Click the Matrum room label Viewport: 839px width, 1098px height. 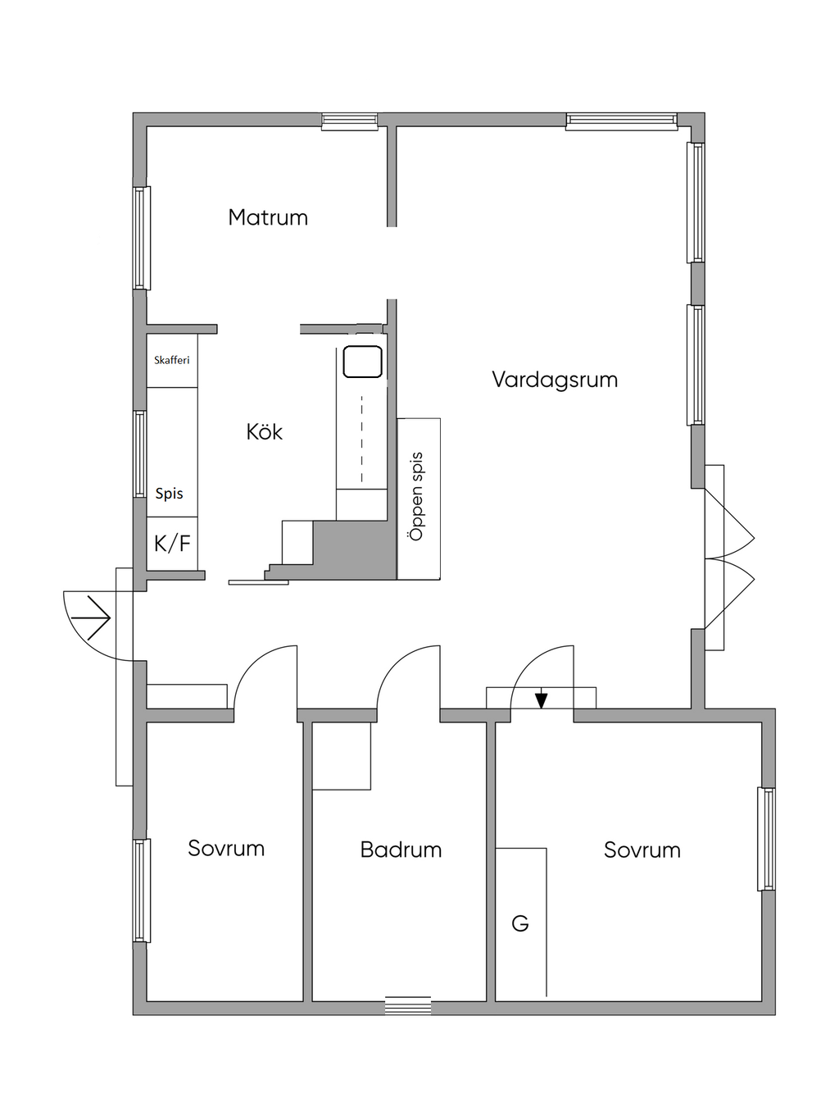pyautogui.click(x=268, y=217)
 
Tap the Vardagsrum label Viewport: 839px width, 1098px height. pyautogui.click(x=555, y=380)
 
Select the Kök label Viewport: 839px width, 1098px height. pyautogui.click(x=265, y=432)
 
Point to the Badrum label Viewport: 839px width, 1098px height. pyautogui.click(x=401, y=850)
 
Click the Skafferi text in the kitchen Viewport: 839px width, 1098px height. pyautogui.click(x=172, y=360)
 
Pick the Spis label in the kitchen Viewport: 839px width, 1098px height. pyautogui.click(x=169, y=494)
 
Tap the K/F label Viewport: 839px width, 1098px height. pyautogui.click(x=172, y=543)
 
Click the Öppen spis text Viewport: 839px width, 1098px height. pyautogui.click(x=417, y=496)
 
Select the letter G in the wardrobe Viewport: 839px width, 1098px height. pyautogui.click(x=519, y=924)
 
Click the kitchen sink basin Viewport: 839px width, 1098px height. pyautogui.click(x=362, y=362)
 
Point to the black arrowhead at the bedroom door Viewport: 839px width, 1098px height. pyautogui.click(x=541, y=700)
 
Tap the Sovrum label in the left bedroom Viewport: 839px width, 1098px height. pyautogui.click(x=226, y=848)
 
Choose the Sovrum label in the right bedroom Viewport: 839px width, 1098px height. pyautogui.click(x=642, y=850)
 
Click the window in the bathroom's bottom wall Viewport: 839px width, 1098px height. pyautogui.click(x=408, y=1005)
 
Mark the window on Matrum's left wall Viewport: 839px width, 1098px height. pyautogui.click(x=142, y=238)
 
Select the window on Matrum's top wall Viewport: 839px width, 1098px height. pyautogui.click(x=350, y=121)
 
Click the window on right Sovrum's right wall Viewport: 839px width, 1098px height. pyautogui.click(x=767, y=839)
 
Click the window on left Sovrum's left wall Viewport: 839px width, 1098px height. pyautogui.click(x=142, y=891)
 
